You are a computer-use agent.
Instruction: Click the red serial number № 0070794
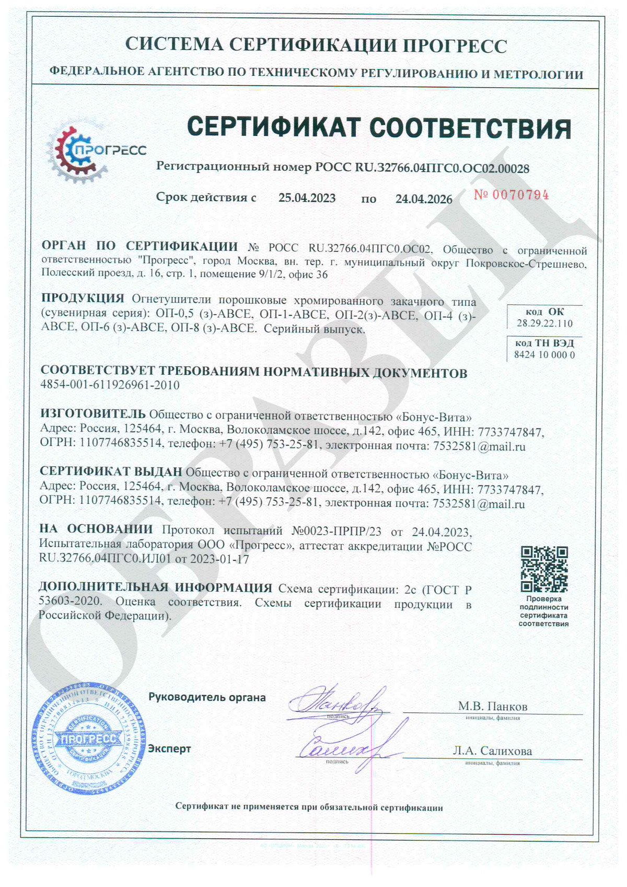tap(511, 195)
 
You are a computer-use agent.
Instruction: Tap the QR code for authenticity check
tap(544, 569)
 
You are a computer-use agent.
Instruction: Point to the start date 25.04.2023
tap(307, 198)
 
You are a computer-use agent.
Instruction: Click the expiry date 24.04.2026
tap(424, 199)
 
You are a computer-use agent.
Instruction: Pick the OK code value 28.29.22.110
tap(544, 324)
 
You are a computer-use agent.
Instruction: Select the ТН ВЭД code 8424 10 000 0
tap(544, 355)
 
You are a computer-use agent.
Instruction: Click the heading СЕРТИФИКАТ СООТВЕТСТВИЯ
tap(379, 128)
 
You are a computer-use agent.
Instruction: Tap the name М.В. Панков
tap(493, 706)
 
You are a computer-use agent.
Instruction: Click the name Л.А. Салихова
tap(492, 751)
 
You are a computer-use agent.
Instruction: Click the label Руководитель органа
tap(207, 697)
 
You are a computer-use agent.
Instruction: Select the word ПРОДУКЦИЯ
tap(83, 298)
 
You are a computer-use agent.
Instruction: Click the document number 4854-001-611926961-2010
tap(110, 385)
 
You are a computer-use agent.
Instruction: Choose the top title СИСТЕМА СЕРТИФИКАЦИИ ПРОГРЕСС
tap(316, 45)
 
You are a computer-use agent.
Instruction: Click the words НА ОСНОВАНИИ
tap(96, 529)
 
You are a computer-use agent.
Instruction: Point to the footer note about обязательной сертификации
tap(309, 808)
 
